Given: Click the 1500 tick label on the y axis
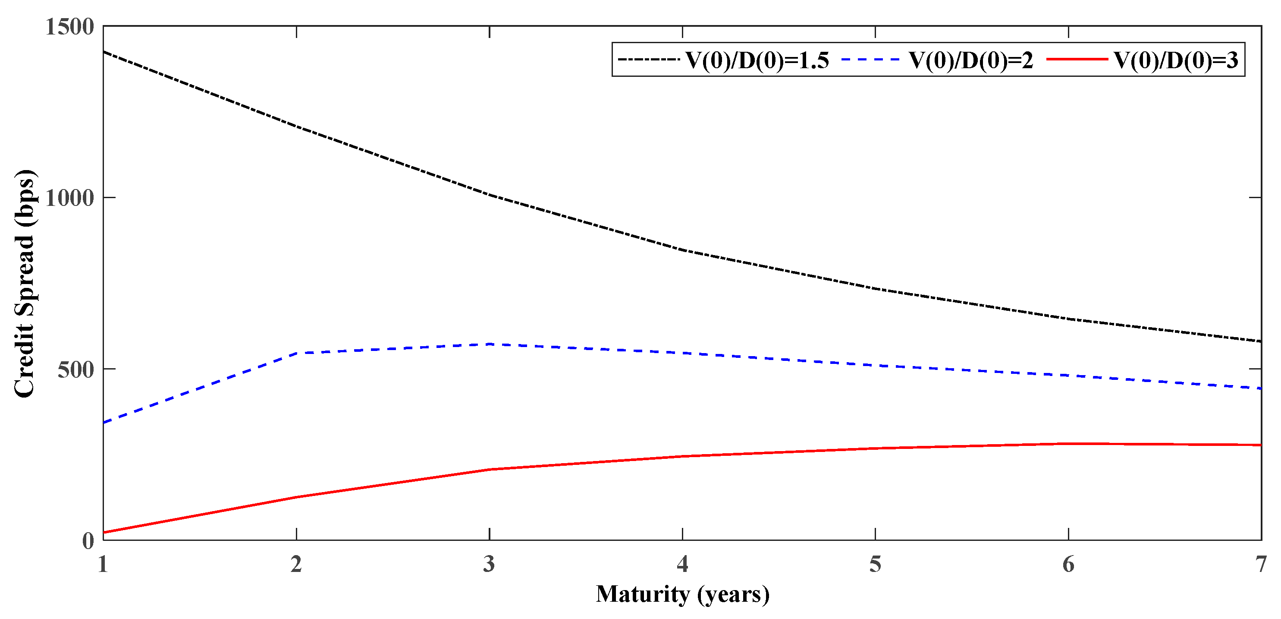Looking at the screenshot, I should (x=69, y=27).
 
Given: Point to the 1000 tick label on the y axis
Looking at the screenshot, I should (x=69, y=198).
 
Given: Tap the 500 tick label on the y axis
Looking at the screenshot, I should (x=75, y=370).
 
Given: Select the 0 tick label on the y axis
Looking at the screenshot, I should (x=88, y=541).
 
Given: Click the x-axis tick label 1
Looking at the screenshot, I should (x=103, y=564).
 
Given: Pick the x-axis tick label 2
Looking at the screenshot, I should (x=296, y=564).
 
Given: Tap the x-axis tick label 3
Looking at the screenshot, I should (x=490, y=564).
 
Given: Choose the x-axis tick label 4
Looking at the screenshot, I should (x=682, y=564).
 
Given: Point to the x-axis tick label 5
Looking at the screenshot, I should (x=875, y=564).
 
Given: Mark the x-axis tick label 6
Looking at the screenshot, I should (x=1068, y=564).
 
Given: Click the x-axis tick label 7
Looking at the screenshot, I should (x=1260, y=564).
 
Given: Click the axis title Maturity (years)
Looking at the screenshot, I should (x=682, y=594).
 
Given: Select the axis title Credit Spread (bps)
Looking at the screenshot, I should (x=25, y=284).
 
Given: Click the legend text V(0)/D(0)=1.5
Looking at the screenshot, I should (x=757, y=60).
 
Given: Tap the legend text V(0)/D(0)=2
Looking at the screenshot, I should (x=971, y=60).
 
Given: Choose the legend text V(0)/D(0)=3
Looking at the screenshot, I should (x=1176, y=60).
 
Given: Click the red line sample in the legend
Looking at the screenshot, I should (x=1077, y=60).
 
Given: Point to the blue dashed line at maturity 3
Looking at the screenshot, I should (x=490, y=344).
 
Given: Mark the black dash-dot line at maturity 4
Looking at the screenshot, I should (x=682, y=250).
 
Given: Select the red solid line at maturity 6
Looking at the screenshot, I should (x=1068, y=443).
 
